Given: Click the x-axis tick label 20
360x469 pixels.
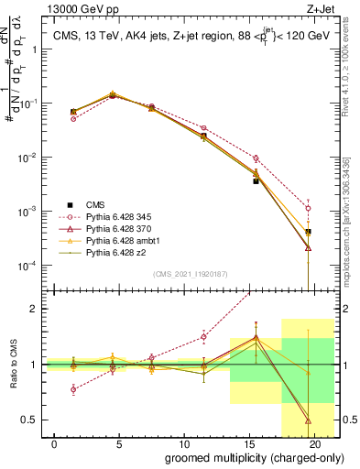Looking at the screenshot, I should pyautogui.click(x=315, y=443).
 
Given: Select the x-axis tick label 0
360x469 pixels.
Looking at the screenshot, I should pyautogui.click(x=56, y=443).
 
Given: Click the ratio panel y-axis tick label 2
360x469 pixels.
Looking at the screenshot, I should pyautogui.click(x=33, y=309).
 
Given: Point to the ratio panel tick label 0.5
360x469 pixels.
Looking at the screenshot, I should pyautogui.click(x=29, y=420).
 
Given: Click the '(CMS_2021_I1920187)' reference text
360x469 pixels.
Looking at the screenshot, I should pyautogui.click(x=191, y=274).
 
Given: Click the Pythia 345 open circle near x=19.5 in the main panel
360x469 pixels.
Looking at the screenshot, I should pyautogui.click(x=308, y=208).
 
